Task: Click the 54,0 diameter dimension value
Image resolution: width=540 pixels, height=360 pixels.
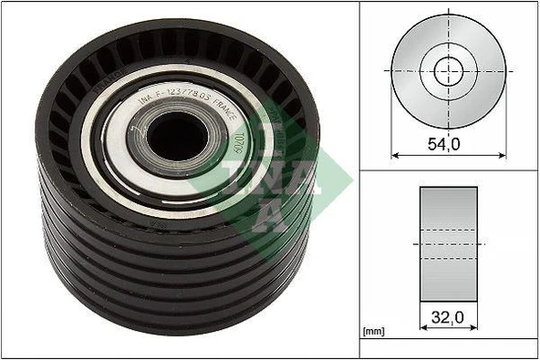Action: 448,143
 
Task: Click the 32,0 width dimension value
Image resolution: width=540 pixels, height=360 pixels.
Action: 448,319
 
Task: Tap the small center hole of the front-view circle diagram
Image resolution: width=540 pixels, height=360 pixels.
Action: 448,68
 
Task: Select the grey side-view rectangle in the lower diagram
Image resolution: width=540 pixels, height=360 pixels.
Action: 448,243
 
